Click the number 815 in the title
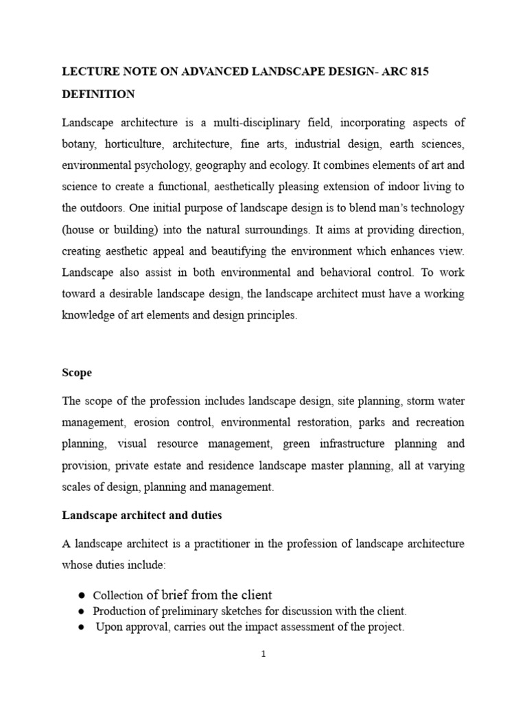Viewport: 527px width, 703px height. click(x=418, y=72)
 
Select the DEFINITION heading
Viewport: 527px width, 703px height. click(x=99, y=94)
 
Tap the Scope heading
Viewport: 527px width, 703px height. click(x=77, y=373)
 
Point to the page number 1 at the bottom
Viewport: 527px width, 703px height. click(x=263, y=654)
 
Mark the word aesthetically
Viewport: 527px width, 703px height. click(x=242, y=187)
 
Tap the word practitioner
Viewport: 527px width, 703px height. click(x=210, y=544)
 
